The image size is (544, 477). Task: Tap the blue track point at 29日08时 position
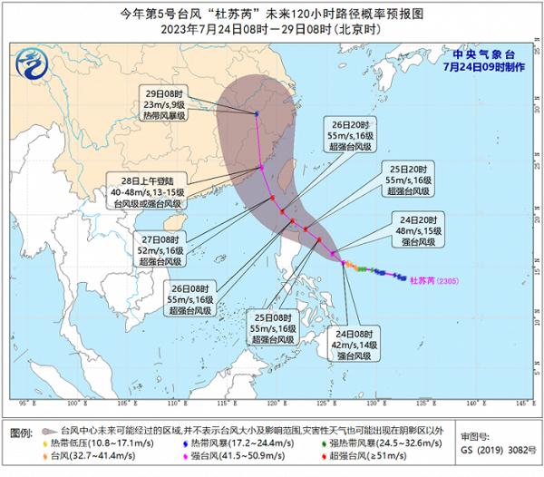(x=257, y=113)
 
